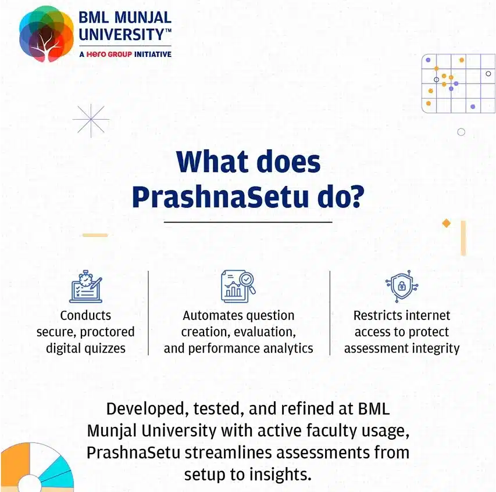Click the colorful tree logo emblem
click(x=46, y=34)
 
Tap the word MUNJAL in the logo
click(x=142, y=17)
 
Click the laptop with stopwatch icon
click(x=85, y=286)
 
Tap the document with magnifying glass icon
click(x=238, y=286)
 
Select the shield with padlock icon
click(x=402, y=286)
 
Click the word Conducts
click(x=85, y=315)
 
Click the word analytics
click(x=288, y=349)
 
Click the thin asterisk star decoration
click(x=91, y=120)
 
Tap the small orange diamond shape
click(x=447, y=223)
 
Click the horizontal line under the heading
click(x=248, y=222)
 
